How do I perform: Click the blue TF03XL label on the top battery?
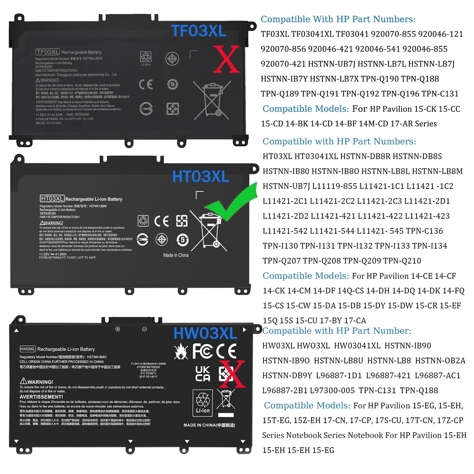click(x=199, y=31)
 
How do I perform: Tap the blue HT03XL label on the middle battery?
click(x=201, y=177)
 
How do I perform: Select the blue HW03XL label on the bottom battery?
click(x=205, y=334)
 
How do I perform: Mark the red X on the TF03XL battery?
click(x=226, y=59)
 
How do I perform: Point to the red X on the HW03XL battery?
click(x=232, y=374)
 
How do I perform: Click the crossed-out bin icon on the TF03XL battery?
click(x=212, y=99)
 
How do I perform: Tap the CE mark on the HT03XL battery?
click(x=161, y=221)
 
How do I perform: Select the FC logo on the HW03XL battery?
click(x=202, y=351)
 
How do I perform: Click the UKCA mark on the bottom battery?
click(x=203, y=374)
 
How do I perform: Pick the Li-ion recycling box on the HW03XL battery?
click(x=203, y=403)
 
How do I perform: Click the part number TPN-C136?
click(x=424, y=231)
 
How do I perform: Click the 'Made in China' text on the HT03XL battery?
click(x=176, y=255)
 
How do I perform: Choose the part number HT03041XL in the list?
click(x=316, y=156)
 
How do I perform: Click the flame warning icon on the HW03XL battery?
click(x=181, y=351)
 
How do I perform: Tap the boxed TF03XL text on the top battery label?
click(x=48, y=52)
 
